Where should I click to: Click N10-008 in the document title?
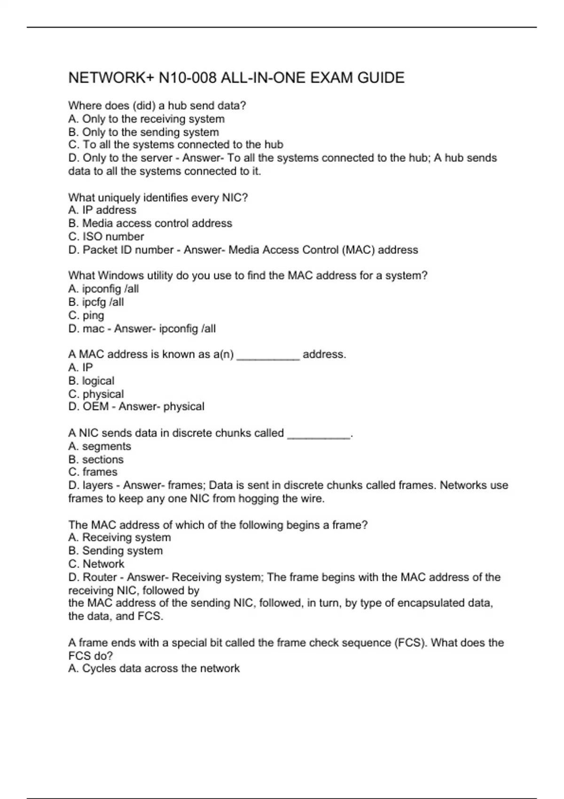click(188, 78)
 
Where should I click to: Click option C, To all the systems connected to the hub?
click(175, 145)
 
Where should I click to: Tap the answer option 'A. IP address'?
click(102, 210)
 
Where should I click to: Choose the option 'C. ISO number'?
click(106, 236)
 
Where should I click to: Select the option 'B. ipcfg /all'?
click(96, 302)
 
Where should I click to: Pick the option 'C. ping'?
click(86, 315)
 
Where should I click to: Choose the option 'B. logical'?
click(91, 381)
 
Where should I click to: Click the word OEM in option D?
click(95, 407)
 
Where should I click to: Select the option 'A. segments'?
click(100, 446)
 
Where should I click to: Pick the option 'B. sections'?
click(96, 459)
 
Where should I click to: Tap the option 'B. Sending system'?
click(115, 551)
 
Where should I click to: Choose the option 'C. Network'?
click(96, 564)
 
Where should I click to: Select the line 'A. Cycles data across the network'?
click(154, 668)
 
